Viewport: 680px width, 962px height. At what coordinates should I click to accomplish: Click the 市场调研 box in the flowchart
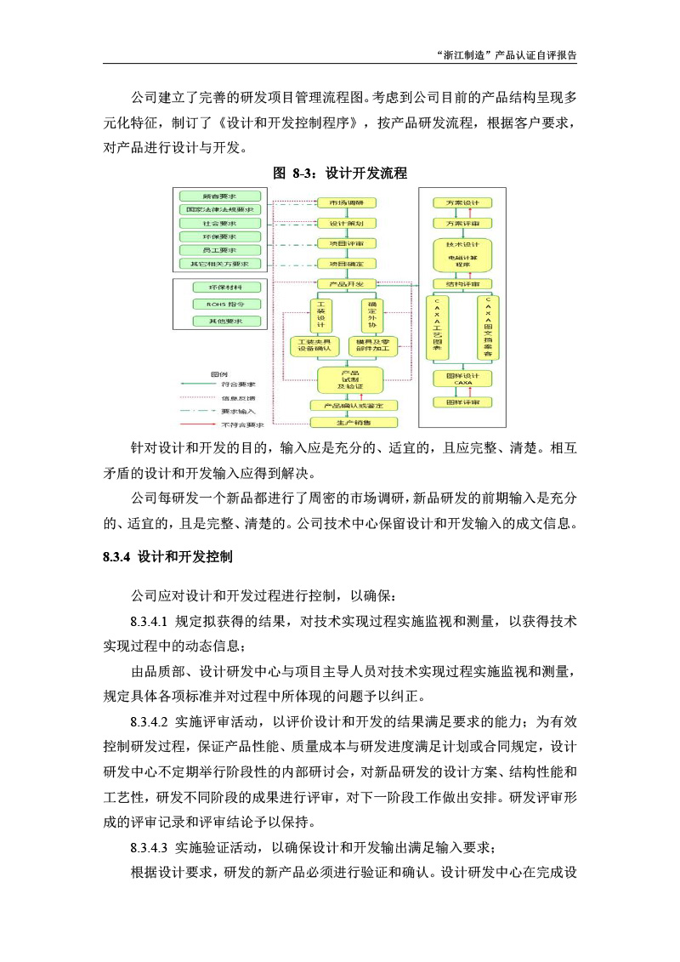pos(345,202)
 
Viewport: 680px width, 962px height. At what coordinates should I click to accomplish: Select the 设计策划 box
pos(345,223)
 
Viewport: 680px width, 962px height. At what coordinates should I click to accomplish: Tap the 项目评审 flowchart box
pos(345,243)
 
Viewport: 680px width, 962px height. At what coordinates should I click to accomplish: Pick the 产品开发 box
pos(345,283)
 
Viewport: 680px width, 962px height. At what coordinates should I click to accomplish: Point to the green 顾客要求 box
pos(220,196)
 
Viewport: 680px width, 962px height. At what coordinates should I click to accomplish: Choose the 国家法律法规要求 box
pos(220,209)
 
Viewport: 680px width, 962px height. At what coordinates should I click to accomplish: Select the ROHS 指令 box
pos(220,304)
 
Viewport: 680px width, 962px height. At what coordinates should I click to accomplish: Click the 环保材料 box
pos(220,287)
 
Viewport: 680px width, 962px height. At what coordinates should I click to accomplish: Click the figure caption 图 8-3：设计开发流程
pos(340,173)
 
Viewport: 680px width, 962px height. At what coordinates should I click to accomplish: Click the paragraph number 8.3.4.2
pos(150,722)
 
